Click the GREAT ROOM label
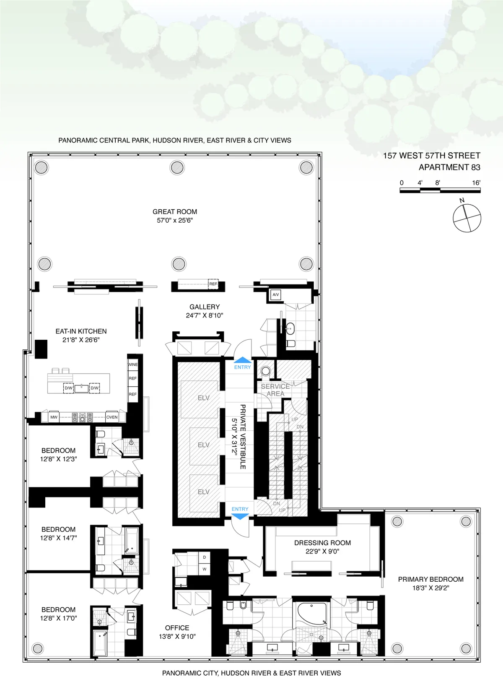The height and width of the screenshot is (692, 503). (x=175, y=212)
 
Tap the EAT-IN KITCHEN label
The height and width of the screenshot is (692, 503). (x=81, y=331)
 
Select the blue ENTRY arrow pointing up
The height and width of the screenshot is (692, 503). (x=242, y=360)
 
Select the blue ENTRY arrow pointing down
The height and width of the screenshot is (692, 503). (x=240, y=516)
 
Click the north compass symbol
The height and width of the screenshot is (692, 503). (x=467, y=218)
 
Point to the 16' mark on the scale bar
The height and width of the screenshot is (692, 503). (x=476, y=183)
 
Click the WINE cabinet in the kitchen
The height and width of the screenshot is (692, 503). (x=133, y=364)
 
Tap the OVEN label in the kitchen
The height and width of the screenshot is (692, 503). (x=112, y=417)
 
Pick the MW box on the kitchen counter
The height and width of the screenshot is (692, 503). (x=54, y=417)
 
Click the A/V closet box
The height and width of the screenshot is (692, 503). (x=275, y=295)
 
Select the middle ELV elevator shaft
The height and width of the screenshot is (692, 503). (x=204, y=445)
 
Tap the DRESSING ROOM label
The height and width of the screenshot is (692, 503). (x=322, y=543)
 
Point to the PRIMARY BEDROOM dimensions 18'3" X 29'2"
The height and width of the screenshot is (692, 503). (x=430, y=588)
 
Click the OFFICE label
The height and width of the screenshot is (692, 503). (x=177, y=628)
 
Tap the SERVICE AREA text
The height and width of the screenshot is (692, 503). (x=275, y=390)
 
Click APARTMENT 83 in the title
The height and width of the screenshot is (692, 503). (x=449, y=167)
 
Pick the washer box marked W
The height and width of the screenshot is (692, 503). (x=205, y=569)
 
